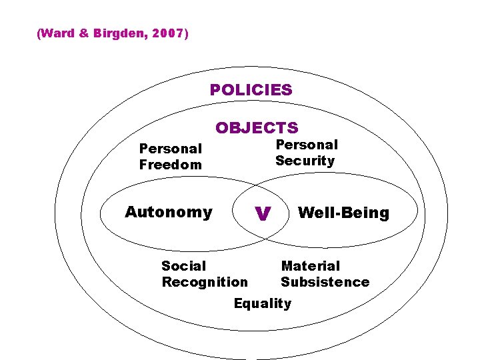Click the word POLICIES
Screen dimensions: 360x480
click(x=251, y=90)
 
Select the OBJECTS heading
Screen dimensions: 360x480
click(x=257, y=127)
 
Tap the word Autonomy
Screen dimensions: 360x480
click(x=169, y=212)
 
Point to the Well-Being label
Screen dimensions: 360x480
click(x=343, y=213)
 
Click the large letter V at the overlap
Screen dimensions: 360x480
click(x=263, y=213)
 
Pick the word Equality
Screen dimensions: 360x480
click(x=263, y=303)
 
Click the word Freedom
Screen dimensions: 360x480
click(x=170, y=165)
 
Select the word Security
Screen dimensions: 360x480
click(x=305, y=161)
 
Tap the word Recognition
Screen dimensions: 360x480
click(x=205, y=282)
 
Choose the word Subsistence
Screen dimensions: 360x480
click(x=325, y=282)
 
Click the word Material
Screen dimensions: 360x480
click(x=310, y=266)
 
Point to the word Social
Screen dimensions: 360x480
click(x=184, y=266)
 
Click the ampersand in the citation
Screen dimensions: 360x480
click(x=83, y=33)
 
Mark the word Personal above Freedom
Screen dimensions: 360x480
click(x=170, y=149)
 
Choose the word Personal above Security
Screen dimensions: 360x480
click(x=307, y=145)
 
